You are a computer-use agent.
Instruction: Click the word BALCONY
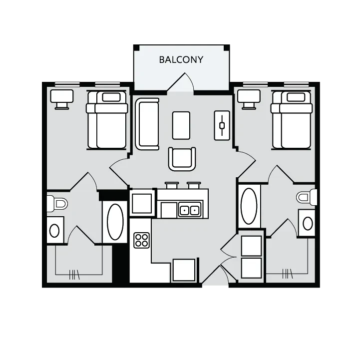tap(181, 60)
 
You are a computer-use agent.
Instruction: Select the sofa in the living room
tap(147, 124)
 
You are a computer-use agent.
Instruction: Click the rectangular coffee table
tap(181, 125)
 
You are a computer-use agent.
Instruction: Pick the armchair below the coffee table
tap(182, 159)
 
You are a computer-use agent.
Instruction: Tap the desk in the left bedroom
tap(62, 98)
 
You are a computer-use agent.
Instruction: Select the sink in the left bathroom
tap(55, 230)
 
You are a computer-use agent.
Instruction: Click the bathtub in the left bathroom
tap(115, 222)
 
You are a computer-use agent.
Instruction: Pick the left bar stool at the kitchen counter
tap(171, 185)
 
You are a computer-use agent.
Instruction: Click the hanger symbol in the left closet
tap(74, 273)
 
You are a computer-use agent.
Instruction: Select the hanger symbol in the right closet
tap(287, 273)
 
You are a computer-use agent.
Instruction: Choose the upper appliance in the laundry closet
tap(251, 246)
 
